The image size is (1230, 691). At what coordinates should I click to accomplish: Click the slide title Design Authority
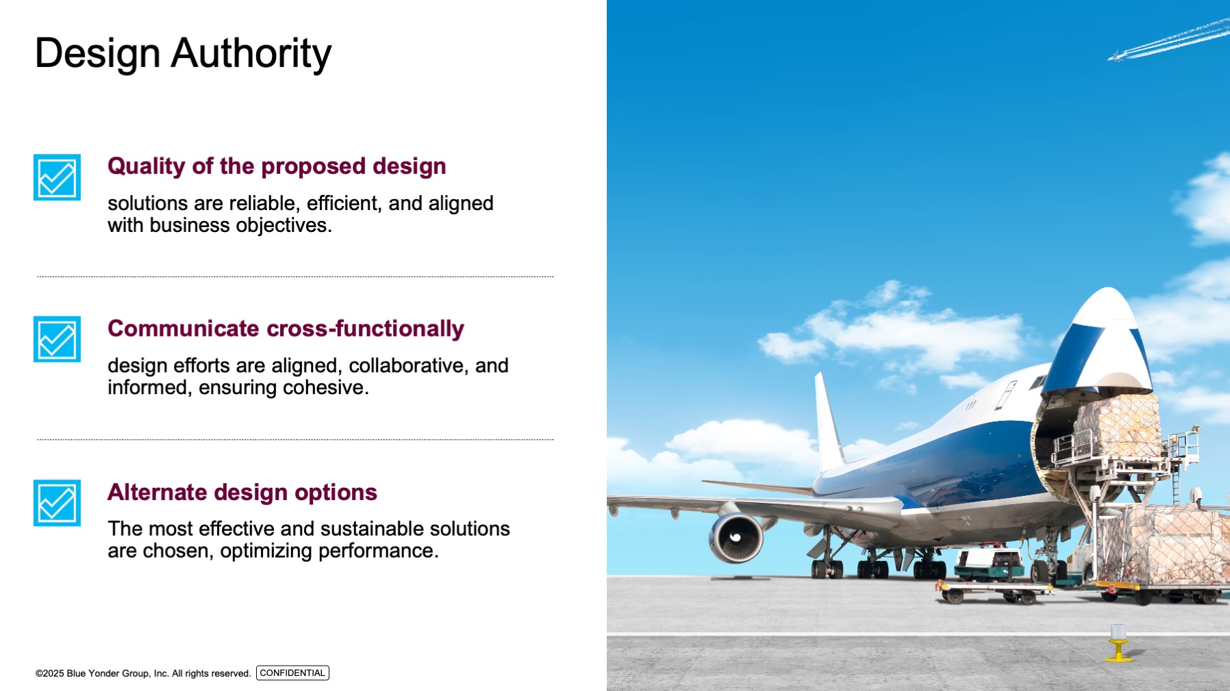point(183,54)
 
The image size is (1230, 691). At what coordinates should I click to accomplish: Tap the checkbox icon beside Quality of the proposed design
point(57,177)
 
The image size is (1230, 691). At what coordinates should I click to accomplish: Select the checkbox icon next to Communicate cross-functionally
point(57,339)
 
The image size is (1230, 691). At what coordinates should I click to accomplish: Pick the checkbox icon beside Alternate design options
point(57,503)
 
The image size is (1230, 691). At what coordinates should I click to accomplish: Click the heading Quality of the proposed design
point(277,166)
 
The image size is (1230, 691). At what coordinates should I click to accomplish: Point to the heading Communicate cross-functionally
point(286,328)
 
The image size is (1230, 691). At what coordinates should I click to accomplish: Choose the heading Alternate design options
point(242,492)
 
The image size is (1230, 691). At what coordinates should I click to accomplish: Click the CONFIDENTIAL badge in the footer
point(292,673)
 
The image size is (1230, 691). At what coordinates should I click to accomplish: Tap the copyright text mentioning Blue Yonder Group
point(143,674)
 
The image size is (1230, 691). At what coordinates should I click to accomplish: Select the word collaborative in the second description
point(408,365)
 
